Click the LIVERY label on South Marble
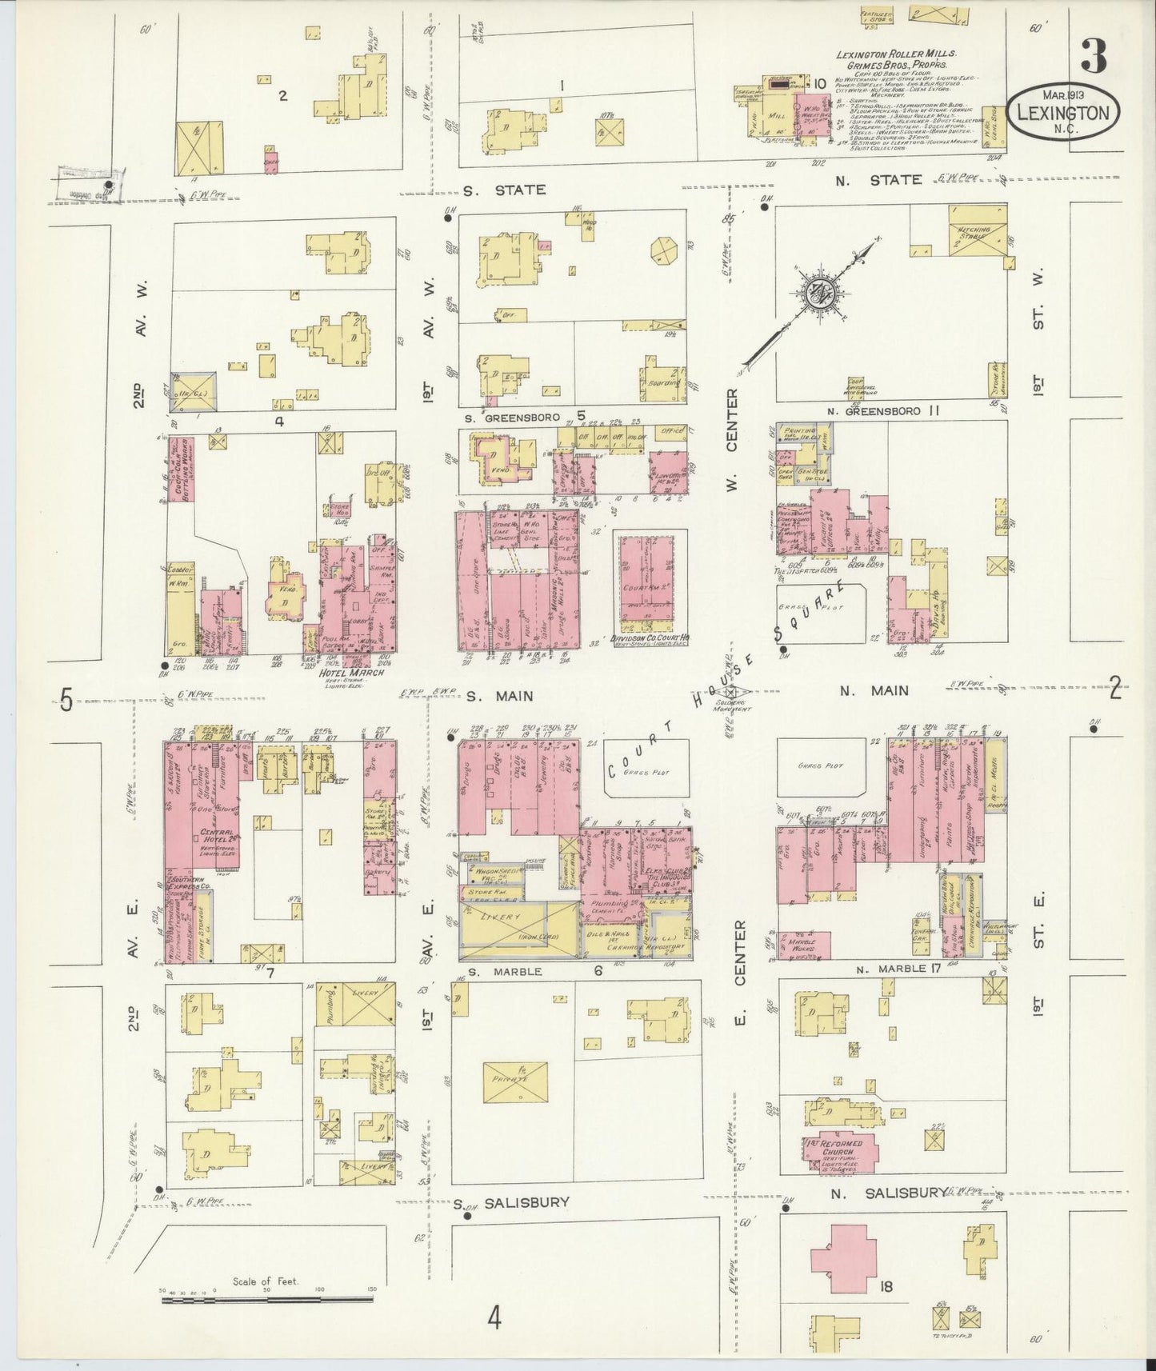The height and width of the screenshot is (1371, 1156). (x=508, y=917)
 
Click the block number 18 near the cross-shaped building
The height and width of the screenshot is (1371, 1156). (x=885, y=1287)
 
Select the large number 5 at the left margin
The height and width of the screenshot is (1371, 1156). (x=66, y=701)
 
